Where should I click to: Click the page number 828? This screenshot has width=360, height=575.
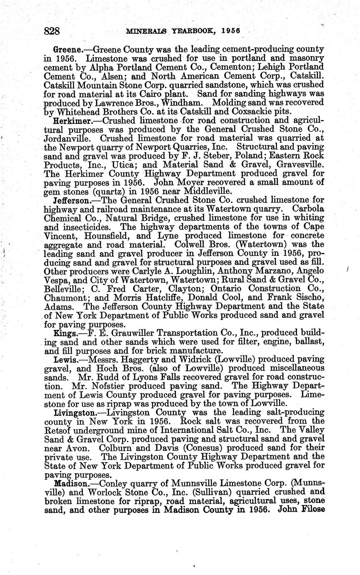click(52, 31)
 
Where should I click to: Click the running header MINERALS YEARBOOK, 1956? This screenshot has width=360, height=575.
click(174, 31)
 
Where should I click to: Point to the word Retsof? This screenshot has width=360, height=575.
click(57, 430)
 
